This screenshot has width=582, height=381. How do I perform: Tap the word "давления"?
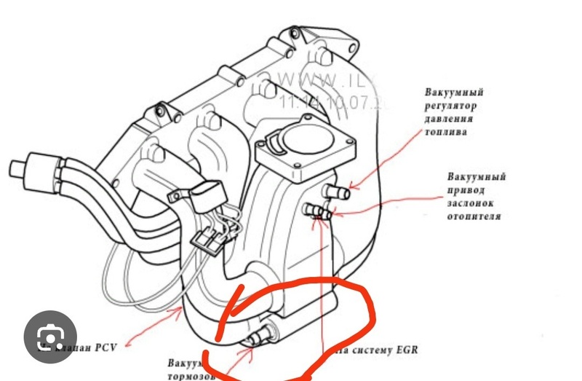coord(450,119)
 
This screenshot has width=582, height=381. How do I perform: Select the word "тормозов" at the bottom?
coord(191,376)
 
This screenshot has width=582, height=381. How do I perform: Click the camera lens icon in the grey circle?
coord(49,337)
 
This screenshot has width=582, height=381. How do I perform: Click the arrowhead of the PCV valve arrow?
coord(183,311)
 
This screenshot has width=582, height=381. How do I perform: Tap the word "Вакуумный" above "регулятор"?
coord(454,93)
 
